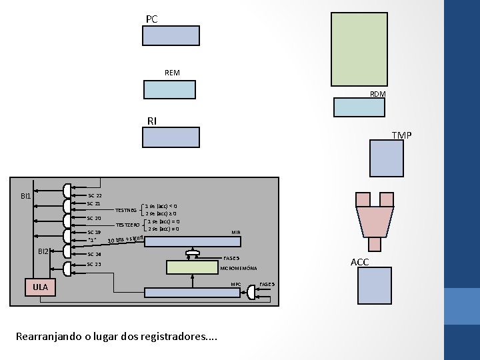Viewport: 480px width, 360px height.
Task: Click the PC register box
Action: (171, 35)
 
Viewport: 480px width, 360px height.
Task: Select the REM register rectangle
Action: (169, 89)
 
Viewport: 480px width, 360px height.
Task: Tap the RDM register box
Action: (360, 107)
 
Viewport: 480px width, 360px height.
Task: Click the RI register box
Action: (171, 137)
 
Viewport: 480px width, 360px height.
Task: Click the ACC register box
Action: (374, 289)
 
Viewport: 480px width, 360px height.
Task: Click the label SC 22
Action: (94, 195)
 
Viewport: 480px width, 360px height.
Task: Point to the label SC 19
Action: (94, 232)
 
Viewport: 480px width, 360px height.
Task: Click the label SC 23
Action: (94, 265)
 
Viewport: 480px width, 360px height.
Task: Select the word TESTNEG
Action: (126, 210)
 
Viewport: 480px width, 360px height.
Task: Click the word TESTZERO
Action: (128, 225)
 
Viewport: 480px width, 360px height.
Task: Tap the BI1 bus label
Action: (25, 196)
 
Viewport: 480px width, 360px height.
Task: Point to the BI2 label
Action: (43, 251)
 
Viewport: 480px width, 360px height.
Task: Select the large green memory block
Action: (359, 49)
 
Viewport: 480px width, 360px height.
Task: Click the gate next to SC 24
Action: (67, 252)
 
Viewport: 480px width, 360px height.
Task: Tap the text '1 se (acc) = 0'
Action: (163, 221)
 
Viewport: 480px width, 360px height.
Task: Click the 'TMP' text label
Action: (401, 135)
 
